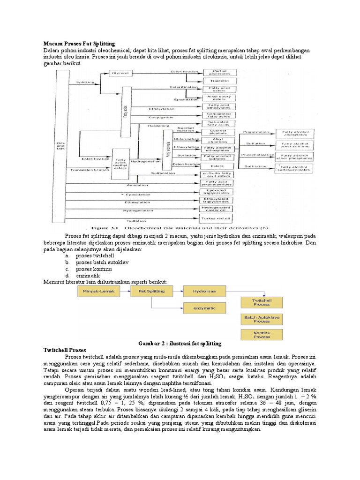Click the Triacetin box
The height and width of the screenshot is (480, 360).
[x=220, y=81]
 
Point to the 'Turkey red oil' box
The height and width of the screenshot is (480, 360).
[x=220, y=218]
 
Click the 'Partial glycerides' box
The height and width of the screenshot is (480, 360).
[x=220, y=72]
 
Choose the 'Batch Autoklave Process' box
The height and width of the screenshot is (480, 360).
[x=262, y=319]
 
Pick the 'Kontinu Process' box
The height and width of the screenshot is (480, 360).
[x=262, y=335]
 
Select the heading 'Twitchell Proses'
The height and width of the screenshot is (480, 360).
[x=63, y=350]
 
